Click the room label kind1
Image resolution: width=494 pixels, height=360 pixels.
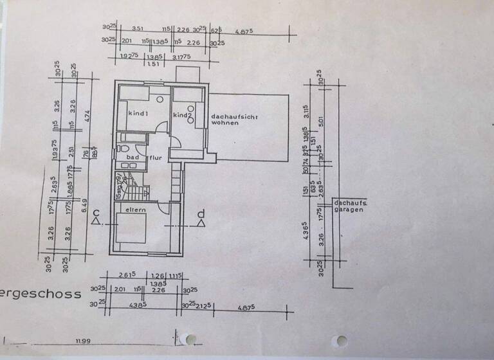138,113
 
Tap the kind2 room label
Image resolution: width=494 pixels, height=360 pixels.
183,115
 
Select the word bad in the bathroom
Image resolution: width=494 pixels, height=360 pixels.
133,157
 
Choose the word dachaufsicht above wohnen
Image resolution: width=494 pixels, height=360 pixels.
233,116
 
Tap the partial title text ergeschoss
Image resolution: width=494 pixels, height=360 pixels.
41,294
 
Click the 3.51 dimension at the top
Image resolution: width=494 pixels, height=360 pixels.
137,28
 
